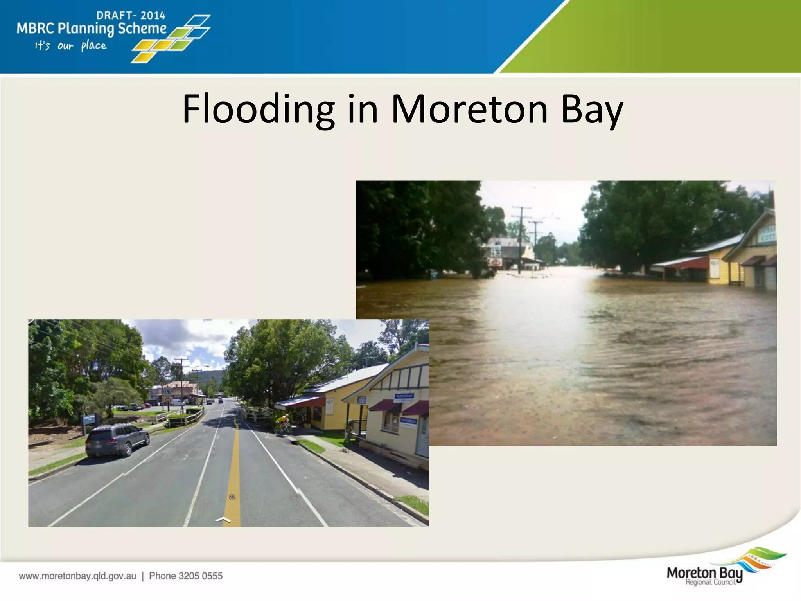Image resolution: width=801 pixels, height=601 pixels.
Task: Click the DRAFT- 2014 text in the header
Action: [x=131, y=16]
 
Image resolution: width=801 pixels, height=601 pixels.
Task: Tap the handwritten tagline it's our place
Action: [x=70, y=46]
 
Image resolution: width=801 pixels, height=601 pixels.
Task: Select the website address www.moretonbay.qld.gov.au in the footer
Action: [x=77, y=576]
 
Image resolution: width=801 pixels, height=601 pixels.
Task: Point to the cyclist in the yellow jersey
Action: [x=283, y=423]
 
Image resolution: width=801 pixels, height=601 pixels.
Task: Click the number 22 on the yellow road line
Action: [x=232, y=497]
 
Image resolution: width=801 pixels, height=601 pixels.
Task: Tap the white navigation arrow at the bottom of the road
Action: [x=223, y=520]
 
